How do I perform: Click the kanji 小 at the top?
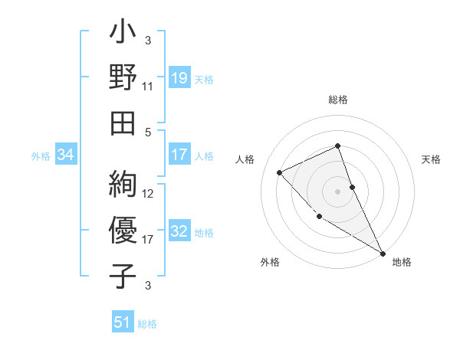123,34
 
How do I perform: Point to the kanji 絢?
123,185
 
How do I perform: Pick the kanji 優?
123,229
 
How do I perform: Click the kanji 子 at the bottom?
123,273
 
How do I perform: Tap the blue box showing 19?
179,77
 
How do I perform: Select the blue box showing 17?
179,155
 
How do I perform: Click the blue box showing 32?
179,232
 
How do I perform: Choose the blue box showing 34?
66,155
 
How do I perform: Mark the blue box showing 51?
123,322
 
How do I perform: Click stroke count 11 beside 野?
148,87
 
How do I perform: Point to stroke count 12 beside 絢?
148,194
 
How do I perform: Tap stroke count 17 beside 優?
148,240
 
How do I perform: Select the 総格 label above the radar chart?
338,100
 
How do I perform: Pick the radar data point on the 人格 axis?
280,172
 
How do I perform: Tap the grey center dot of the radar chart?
338,191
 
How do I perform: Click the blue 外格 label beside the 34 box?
41,156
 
